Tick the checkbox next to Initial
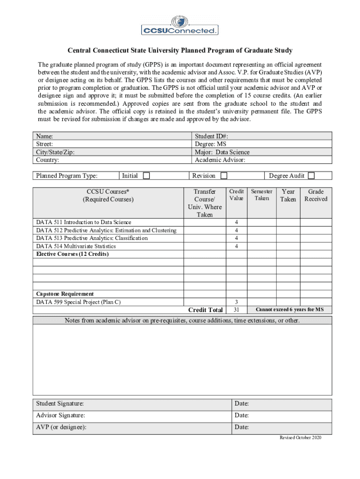146,176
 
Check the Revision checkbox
224,176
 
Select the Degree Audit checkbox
311,176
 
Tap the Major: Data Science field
222,152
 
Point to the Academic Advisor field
220,160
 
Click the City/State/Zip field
55,152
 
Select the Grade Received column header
316,195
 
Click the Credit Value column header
236,195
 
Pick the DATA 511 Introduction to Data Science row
84,222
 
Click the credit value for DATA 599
236,302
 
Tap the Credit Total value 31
236,310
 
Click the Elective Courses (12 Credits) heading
72,254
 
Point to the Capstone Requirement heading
65,294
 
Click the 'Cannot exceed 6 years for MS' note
289,310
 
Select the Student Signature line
131,404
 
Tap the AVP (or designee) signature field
131,427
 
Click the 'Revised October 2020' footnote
301,437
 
